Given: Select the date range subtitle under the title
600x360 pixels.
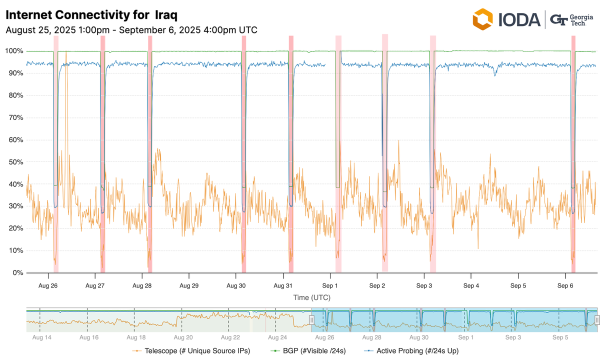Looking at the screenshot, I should (x=131, y=30).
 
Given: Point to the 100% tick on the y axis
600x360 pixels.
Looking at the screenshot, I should (x=14, y=51).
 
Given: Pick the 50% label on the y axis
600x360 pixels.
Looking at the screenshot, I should (x=15, y=162).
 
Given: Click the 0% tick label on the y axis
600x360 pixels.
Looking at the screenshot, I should (x=17, y=273).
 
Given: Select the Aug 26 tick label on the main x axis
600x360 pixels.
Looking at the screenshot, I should (x=47, y=286).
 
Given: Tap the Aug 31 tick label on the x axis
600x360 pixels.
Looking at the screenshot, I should (x=283, y=286).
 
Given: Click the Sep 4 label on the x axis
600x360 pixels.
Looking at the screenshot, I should (x=471, y=286).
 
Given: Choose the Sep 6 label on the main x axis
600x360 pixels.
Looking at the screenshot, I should (x=565, y=286).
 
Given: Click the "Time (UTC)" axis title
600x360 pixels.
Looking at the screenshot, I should (x=311, y=297).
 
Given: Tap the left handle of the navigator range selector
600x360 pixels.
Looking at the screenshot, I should (x=311, y=320).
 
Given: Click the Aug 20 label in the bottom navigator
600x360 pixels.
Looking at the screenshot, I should (x=182, y=337).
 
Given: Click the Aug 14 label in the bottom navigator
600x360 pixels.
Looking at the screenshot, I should (x=41, y=337).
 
